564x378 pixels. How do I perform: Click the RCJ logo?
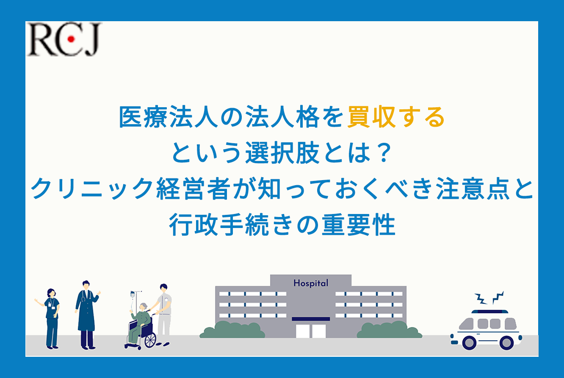(64, 39)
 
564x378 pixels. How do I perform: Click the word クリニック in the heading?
(92, 189)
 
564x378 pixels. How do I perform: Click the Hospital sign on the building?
(311, 283)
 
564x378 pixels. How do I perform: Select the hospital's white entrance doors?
(311, 331)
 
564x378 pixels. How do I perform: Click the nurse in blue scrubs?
(50, 319)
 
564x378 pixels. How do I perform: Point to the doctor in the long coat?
(87, 315)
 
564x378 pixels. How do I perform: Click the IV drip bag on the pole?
(133, 295)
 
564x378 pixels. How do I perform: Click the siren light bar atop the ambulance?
(490, 311)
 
